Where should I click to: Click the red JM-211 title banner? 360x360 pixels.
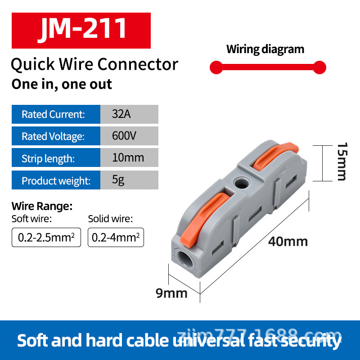(81, 30)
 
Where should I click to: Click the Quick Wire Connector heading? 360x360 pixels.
(94, 64)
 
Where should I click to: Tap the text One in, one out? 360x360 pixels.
(62, 84)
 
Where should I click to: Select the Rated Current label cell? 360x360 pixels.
(56, 114)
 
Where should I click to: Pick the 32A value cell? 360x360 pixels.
(129, 114)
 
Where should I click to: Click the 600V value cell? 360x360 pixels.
(129, 136)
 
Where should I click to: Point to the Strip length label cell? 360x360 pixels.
(56, 158)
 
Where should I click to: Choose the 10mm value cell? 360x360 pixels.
(129, 158)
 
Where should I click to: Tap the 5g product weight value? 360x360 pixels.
(129, 180)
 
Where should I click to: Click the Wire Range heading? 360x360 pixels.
(42, 207)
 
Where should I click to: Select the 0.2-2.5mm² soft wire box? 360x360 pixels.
(46, 237)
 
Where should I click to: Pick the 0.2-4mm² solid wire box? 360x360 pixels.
(116, 237)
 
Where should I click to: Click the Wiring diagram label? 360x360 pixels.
(265, 49)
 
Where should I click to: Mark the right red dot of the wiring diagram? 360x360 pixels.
(319, 68)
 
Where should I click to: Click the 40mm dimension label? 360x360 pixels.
(288, 242)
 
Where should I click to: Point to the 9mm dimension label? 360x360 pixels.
(171, 293)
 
